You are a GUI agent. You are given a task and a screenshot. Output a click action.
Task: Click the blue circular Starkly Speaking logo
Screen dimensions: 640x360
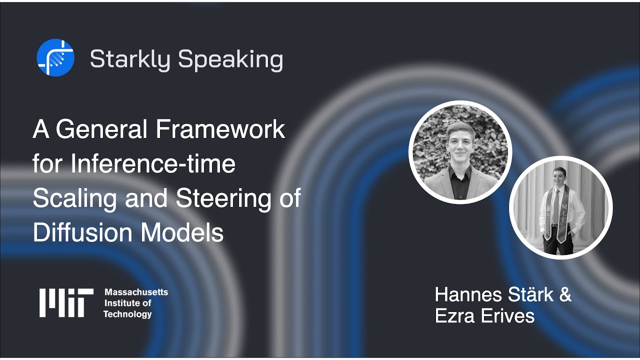[x=55, y=57]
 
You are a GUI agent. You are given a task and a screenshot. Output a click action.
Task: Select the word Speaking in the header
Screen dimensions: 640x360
[x=230, y=60]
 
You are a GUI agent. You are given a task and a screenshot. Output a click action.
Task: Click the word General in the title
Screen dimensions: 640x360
[x=102, y=129]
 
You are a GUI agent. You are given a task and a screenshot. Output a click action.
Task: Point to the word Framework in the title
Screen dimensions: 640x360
[x=220, y=129]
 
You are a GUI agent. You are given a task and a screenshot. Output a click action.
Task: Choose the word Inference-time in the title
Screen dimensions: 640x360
[x=153, y=163]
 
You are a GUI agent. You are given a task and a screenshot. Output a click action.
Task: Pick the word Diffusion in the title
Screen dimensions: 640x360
[x=83, y=232]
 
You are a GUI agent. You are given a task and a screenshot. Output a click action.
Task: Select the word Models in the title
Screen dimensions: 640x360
[x=181, y=232]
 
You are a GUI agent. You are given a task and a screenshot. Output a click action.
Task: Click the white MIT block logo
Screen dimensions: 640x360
[x=66, y=303]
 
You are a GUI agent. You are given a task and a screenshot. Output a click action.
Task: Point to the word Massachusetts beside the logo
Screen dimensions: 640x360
[x=136, y=292]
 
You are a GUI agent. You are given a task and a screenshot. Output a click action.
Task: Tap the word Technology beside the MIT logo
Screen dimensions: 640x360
[x=127, y=314]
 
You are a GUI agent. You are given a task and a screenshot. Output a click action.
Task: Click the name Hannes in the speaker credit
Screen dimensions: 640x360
[x=468, y=294]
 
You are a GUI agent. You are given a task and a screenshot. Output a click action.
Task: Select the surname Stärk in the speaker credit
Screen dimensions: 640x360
[x=531, y=294]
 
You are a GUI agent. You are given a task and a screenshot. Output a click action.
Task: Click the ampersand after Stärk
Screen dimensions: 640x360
[x=565, y=294]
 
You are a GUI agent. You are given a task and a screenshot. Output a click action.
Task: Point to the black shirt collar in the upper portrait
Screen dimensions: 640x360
[x=459, y=171]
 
